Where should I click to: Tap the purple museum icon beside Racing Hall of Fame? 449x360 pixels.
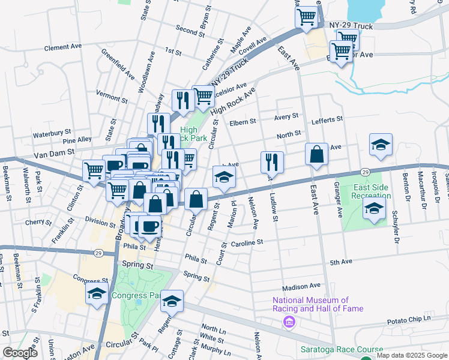click(290, 323)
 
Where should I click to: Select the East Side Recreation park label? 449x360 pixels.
click(372, 191)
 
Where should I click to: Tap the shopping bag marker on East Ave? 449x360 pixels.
click(316, 155)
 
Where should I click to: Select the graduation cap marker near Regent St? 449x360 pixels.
click(224, 177)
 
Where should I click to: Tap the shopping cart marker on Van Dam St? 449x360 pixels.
click(94, 171)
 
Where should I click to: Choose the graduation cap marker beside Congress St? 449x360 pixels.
click(97, 294)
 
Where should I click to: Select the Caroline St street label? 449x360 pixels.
click(247, 242)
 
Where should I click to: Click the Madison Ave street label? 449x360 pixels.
click(301, 286)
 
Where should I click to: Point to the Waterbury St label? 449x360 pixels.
click(52, 134)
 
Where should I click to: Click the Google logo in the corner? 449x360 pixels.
click(20, 353)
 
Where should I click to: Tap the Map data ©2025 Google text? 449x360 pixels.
click(412, 355)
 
